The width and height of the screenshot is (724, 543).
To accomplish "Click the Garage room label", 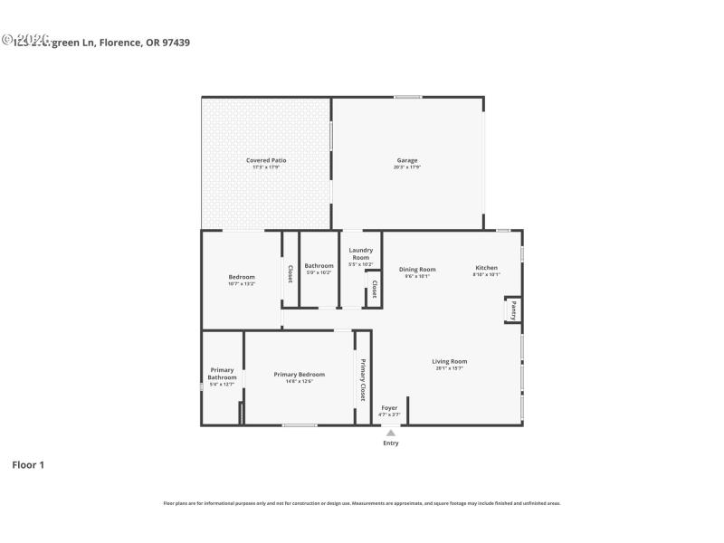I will tap(406, 160).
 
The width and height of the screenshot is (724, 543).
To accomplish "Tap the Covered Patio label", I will tap(266, 160).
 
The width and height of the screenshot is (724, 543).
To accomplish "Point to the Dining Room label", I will tap(417, 269).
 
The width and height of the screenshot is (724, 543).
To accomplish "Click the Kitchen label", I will tap(486, 268).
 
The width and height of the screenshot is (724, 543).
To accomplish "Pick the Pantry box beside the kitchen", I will tap(512, 310).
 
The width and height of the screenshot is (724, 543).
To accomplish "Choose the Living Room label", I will tap(450, 361).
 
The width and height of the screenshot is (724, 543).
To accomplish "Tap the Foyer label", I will tap(389, 408).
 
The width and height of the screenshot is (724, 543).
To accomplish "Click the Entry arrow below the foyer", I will tap(391, 433).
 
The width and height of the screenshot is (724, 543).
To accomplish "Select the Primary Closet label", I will tap(363, 380).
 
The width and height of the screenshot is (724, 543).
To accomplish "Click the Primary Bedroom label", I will tap(299, 375).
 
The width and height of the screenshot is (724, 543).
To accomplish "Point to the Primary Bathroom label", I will tap(222, 374).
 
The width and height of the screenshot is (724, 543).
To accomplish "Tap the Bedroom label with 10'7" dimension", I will tap(242, 277).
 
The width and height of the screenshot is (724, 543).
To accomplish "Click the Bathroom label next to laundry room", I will tap(319, 266).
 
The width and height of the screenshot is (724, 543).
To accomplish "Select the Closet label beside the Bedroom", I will tap(290, 273).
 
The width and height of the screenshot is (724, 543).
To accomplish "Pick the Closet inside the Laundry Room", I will tap(374, 289).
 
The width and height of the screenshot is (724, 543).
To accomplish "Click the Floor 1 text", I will tap(28, 464).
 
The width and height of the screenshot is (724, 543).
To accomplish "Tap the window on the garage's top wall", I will tap(407, 97).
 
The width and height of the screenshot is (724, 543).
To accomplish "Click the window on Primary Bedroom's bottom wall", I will tap(299, 424).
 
